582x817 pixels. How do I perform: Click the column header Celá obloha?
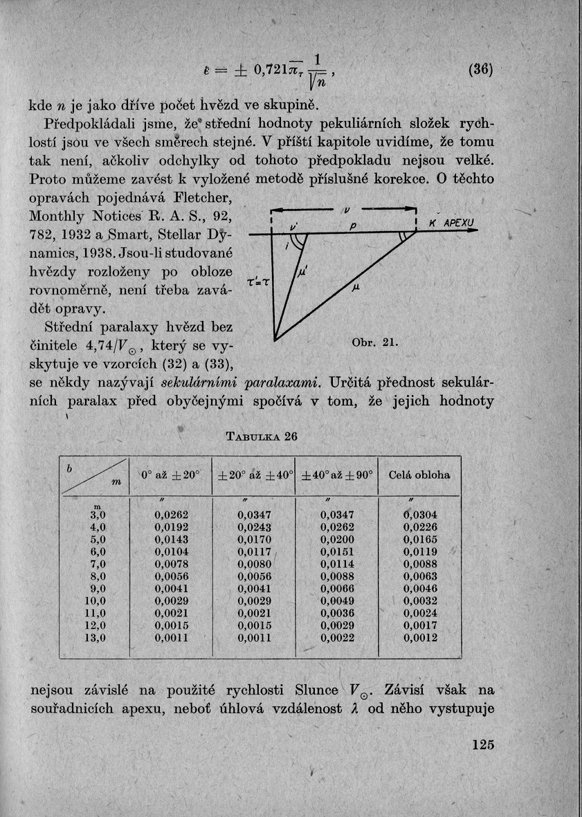[419, 475]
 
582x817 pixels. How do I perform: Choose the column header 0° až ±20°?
[171, 475]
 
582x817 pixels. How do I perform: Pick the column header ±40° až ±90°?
[337, 475]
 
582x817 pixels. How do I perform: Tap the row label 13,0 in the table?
[95, 638]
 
